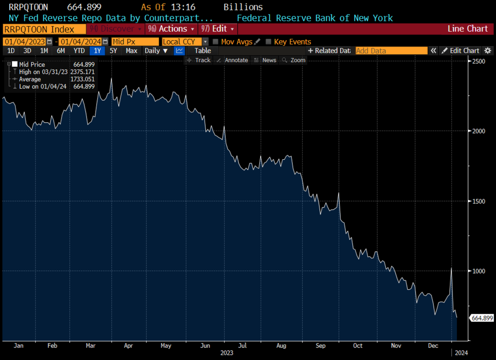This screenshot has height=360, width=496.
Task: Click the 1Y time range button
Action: click(x=98, y=51)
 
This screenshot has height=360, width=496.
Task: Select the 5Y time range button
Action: click(x=113, y=51)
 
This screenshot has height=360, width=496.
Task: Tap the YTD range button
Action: click(x=79, y=51)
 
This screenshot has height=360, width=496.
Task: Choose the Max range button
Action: click(x=131, y=51)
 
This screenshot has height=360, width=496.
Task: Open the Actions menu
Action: click(x=172, y=29)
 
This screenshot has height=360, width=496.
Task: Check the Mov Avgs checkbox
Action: click(x=216, y=42)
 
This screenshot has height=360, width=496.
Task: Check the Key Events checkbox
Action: click(x=269, y=42)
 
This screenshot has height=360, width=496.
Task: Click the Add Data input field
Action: click(x=391, y=51)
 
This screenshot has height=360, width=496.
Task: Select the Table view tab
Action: click(x=202, y=51)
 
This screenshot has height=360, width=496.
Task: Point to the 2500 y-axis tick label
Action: click(x=480, y=61)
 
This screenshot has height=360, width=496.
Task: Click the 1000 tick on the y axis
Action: click(x=480, y=271)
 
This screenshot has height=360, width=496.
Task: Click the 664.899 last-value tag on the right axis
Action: click(x=481, y=318)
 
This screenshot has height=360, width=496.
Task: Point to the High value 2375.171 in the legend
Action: click(x=82, y=72)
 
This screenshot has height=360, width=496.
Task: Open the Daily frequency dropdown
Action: click(x=156, y=51)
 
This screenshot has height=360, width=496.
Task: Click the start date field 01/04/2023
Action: click(x=25, y=42)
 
